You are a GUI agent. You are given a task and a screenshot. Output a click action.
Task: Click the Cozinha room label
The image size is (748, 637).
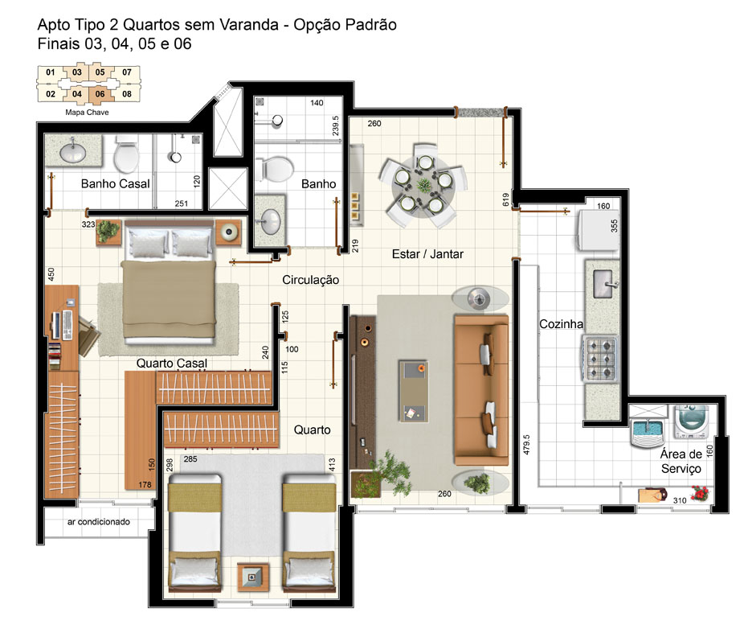561,324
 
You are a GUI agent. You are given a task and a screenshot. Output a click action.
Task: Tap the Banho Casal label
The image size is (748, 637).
115,184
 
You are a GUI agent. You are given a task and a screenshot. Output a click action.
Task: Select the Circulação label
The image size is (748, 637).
311,281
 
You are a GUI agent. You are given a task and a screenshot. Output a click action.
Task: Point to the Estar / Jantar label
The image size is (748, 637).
427,254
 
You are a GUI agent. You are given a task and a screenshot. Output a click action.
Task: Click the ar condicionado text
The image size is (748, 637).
98,522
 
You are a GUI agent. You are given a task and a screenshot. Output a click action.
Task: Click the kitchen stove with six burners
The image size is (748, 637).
600,359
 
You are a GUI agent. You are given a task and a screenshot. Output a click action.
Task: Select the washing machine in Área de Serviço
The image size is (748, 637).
691,421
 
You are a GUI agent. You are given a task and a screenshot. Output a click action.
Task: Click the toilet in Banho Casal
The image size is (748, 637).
126,154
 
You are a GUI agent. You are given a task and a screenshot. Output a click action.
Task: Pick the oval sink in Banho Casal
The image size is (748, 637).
73,152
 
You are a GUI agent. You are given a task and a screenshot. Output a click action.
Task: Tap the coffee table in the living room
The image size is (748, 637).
413,391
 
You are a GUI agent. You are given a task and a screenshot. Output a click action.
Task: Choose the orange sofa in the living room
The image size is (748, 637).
480,389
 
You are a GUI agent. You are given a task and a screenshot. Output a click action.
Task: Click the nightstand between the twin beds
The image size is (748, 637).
252,577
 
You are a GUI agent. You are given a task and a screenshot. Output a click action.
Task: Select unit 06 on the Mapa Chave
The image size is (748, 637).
100,93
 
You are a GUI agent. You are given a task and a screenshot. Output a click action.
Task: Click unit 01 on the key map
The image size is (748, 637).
51,72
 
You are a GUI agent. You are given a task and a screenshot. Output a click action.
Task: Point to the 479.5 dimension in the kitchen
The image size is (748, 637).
526,444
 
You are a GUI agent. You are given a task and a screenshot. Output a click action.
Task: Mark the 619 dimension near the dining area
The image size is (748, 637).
505,199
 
